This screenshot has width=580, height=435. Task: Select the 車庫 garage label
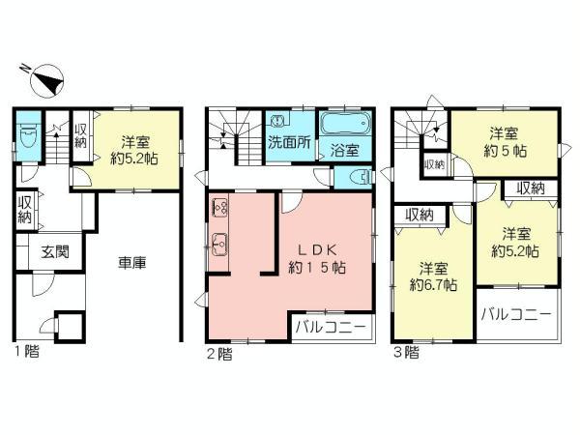pos(132,261)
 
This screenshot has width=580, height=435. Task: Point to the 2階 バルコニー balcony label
pos(331,327)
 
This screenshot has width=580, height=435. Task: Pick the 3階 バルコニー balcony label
pos(515,315)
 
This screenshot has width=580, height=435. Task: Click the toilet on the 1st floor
pos(28,137)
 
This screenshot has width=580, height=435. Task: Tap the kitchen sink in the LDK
pos(218,245)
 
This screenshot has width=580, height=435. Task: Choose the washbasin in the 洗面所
pos(278,122)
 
